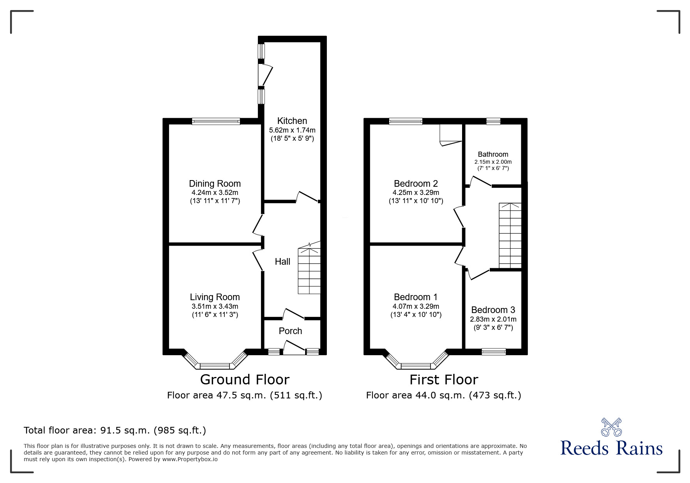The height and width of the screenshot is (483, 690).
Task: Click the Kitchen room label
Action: coord(292,121)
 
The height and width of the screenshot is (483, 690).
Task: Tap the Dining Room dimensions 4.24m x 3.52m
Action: coord(215,193)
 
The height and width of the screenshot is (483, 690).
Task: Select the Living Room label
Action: coord(215,297)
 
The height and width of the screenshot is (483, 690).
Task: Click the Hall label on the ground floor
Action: coord(282,262)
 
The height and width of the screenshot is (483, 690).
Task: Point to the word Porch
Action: coord(290,331)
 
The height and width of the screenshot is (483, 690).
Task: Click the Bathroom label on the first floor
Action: coord(493,154)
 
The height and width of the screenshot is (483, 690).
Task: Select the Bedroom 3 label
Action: coord(493,310)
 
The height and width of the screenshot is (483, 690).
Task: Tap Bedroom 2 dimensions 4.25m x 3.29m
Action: coord(416,193)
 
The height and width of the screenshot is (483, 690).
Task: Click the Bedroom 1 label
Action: coord(416,297)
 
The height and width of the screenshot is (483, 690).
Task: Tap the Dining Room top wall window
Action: coord(216,122)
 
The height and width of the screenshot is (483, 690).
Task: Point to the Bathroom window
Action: coord(493,121)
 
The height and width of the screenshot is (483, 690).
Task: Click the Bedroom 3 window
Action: coord(494,352)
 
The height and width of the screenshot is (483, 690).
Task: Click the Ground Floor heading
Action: coord(245,379)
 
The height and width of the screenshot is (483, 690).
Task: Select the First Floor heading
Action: coord(443,379)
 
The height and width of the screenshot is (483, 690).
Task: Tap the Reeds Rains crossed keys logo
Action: coord(611,427)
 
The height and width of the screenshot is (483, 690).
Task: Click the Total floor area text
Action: coord(115,430)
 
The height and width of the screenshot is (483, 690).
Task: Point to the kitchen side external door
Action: coord(265,75)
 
